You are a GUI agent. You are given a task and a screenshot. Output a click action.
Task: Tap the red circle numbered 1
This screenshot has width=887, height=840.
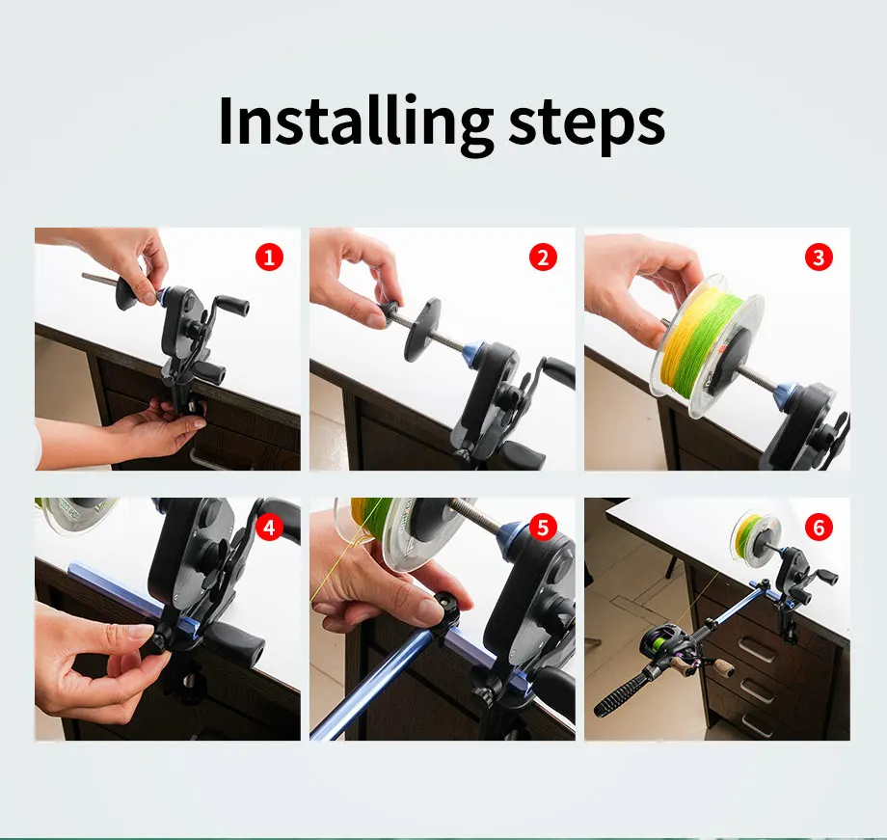click(x=269, y=257)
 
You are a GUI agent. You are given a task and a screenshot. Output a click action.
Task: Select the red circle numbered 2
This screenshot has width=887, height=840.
click(x=543, y=257)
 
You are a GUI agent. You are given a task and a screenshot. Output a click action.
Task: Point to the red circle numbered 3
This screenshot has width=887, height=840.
click(x=819, y=257)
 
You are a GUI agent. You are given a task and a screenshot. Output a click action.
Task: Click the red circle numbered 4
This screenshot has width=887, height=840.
click(x=269, y=528)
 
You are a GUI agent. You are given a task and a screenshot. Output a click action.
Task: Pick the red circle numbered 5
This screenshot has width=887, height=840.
click(x=543, y=528)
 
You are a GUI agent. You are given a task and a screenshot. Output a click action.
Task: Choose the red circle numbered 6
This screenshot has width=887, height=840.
click(x=819, y=528)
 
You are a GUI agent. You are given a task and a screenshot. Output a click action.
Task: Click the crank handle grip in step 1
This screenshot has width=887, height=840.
click(x=232, y=305)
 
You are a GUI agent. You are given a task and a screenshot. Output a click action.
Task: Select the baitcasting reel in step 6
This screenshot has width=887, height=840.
click(x=672, y=646)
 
